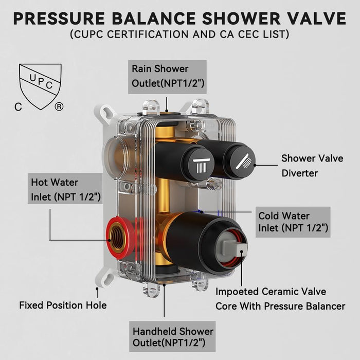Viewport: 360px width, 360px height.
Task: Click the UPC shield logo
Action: click(40, 86)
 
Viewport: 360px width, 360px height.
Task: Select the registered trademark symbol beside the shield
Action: click(59, 107)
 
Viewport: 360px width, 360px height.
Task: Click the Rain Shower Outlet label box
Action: click(167, 77)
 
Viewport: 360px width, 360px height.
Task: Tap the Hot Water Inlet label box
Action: click(65, 189)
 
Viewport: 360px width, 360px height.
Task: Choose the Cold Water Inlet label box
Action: click(293, 222)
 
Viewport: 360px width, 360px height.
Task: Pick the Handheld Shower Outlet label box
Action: click(172, 336)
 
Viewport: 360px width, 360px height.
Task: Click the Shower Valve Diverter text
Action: click(312, 166)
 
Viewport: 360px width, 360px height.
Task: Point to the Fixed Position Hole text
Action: click(63, 305)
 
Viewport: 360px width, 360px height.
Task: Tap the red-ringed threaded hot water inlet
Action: click(118, 238)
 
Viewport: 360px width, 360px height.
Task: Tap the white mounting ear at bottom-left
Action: click(104, 277)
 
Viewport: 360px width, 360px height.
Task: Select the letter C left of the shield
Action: click(19, 107)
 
